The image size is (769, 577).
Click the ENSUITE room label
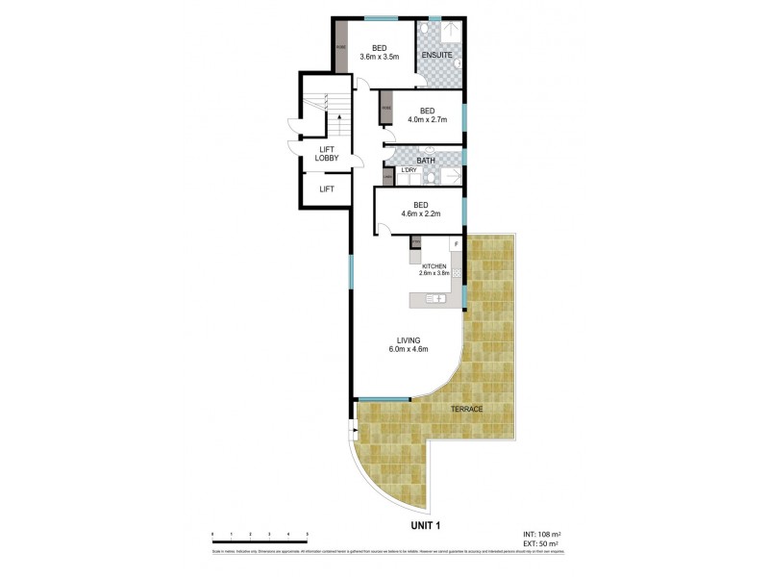(x=438, y=55)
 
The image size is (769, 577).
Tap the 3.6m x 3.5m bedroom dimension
(x=380, y=57)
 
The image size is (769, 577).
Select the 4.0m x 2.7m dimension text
(x=420, y=121)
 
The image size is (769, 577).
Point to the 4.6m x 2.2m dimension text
(x=420, y=214)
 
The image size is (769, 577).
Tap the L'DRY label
(x=408, y=171)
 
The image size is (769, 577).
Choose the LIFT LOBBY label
(x=327, y=154)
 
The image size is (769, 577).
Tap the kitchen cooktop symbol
(x=457, y=273)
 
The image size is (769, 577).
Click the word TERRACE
(x=466, y=410)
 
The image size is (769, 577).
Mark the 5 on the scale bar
(x=307, y=534)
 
